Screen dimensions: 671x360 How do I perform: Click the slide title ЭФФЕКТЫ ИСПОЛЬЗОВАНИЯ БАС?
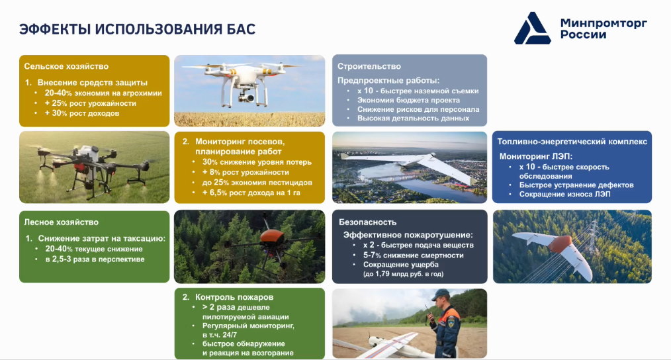138,29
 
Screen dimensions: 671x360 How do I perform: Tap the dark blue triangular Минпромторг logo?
532,28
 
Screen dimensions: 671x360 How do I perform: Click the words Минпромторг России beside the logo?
604,28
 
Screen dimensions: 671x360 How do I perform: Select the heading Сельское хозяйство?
66,66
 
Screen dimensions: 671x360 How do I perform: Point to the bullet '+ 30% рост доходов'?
82,113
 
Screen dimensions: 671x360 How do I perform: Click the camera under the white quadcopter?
246,97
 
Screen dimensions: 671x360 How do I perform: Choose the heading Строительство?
369,66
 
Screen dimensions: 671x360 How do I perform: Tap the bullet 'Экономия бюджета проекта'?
409,100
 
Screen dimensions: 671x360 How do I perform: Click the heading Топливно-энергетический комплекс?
572,142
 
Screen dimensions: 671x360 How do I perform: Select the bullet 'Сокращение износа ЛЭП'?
565,195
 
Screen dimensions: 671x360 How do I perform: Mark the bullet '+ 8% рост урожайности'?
246,172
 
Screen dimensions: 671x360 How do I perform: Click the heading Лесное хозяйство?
61,222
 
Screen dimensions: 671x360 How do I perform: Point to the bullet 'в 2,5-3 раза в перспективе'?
95,259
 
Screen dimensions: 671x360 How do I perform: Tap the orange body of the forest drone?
272,236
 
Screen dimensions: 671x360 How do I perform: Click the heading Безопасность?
368,222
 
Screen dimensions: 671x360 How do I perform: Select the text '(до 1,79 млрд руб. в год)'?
403,274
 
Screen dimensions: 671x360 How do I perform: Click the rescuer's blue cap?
440,294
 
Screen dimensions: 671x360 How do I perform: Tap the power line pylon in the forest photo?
593,235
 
